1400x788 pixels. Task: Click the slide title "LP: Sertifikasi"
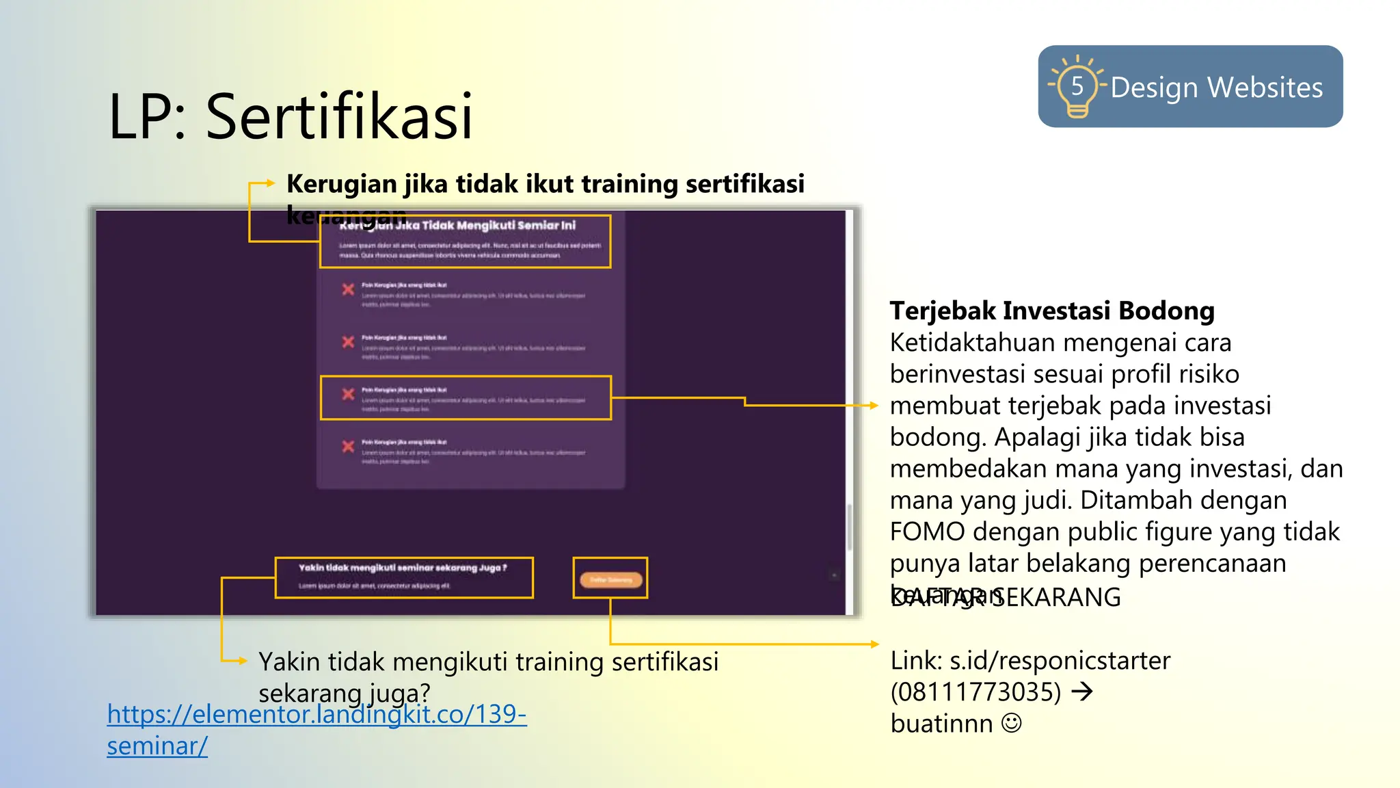point(291,116)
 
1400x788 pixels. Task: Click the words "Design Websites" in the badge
point(1216,88)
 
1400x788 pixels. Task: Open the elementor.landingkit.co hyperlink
point(317,715)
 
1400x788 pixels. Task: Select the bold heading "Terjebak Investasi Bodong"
point(1051,311)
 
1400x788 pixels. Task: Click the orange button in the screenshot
point(610,579)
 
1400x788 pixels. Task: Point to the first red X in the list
point(348,289)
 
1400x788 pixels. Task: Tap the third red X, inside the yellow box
point(348,394)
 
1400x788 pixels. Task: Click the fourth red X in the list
point(348,446)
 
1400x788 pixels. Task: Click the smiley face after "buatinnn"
point(1012,723)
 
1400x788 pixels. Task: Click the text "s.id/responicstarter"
point(1060,661)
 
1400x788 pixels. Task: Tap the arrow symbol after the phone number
point(1082,692)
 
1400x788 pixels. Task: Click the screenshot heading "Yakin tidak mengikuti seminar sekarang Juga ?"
point(403,568)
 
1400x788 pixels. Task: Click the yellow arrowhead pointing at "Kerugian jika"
point(270,183)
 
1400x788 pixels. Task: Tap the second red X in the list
point(348,341)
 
